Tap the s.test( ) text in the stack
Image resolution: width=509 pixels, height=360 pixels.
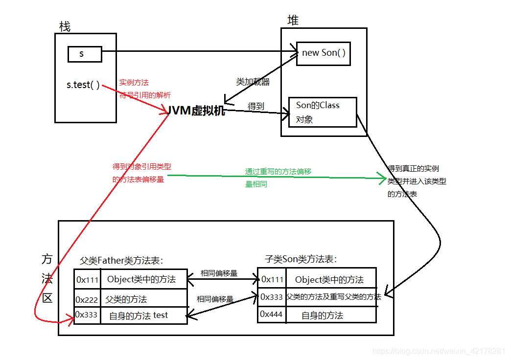point(83,85)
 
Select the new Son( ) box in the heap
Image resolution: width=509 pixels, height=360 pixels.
point(324,53)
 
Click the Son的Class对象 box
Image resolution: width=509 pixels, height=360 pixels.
point(322,112)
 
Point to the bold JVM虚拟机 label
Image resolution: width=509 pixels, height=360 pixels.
point(196,111)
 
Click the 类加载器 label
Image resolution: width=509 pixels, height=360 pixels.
point(253,82)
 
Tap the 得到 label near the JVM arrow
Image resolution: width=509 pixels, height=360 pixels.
point(256,106)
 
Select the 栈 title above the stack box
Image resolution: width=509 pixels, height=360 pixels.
point(65,26)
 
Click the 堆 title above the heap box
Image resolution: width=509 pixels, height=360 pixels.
point(293,20)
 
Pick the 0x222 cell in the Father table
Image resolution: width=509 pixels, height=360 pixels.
point(87,299)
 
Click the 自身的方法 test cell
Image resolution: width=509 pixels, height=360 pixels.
point(139,315)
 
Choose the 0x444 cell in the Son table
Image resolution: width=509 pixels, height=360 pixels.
point(272,315)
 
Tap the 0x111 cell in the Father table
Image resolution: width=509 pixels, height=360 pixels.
point(87,279)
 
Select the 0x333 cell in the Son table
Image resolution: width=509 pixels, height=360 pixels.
point(272,296)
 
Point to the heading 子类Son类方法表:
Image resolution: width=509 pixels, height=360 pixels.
point(301,259)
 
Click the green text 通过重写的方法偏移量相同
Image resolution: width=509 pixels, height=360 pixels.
point(278,178)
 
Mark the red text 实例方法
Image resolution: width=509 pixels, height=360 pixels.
point(134,83)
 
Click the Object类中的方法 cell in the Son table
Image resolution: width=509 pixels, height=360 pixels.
point(329,280)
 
